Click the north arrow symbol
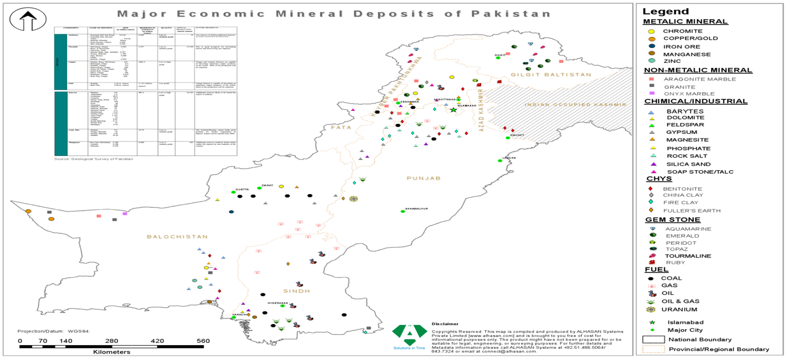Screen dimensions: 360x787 27,21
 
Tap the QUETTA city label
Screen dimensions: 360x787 243,189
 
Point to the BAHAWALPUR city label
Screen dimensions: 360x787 416,208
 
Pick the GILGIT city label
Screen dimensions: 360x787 499,54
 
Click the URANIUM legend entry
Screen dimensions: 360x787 679,309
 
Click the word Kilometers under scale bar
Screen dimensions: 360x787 112,352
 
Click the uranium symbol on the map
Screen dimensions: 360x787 352,199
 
